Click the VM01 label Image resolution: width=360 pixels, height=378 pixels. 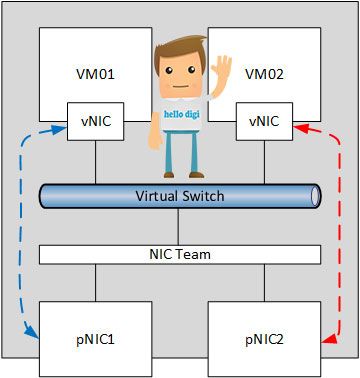[x=95, y=74]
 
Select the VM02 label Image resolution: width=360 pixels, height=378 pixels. [x=264, y=74]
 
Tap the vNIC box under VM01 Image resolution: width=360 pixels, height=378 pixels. [x=96, y=121]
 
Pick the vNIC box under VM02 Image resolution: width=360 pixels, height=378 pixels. [x=264, y=121]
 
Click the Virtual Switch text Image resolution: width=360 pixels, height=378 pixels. [x=180, y=196]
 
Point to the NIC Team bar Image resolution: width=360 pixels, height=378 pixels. [x=180, y=255]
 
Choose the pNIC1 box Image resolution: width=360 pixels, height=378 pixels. [x=96, y=339]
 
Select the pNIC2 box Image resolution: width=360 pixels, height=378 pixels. [x=264, y=339]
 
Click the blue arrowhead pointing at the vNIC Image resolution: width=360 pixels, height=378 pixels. [x=61, y=130]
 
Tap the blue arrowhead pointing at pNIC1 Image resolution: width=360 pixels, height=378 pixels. [x=33, y=334]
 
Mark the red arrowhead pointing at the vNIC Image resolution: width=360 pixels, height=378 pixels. [x=300, y=128]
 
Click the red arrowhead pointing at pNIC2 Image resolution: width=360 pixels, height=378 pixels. [x=328, y=340]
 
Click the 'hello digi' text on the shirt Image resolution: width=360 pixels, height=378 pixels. [x=182, y=114]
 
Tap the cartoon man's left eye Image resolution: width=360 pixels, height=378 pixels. [x=169, y=70]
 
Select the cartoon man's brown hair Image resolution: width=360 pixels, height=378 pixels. [x=178, y=50]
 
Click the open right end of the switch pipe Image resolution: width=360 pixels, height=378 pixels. [x=315, y=197]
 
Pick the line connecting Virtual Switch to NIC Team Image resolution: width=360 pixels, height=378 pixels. [x=178, y=227]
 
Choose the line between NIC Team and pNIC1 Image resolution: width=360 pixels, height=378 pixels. [x=96, y=283]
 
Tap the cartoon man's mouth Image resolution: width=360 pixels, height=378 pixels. [x=180, y=87]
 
